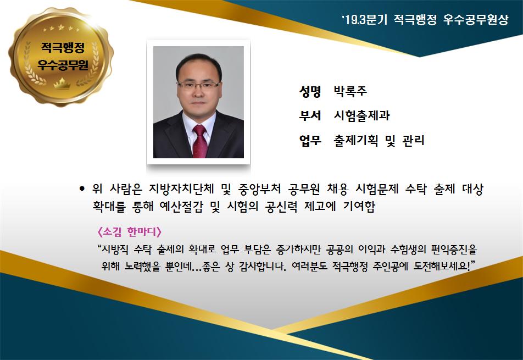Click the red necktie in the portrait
tap(200, 141)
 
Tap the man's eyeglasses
tap(198, 85)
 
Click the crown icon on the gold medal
tap(62, 84)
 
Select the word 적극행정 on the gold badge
tap(63, 47)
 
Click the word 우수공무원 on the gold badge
tap(63, 64)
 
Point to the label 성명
tap(310, 91)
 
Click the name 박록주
tap(350, 91)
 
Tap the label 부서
tap(310, 115)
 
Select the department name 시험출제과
tap(361, 115)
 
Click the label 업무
tap(310, 140)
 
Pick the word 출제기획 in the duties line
tap(356, 140)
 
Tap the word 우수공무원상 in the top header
tap(476, 19)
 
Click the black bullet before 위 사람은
tap(82, 189)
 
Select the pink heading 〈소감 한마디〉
tap(130, 231)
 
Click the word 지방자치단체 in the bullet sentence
tap(181, 189)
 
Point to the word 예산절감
tap(181, 206)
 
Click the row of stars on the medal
tap(62, 28)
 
